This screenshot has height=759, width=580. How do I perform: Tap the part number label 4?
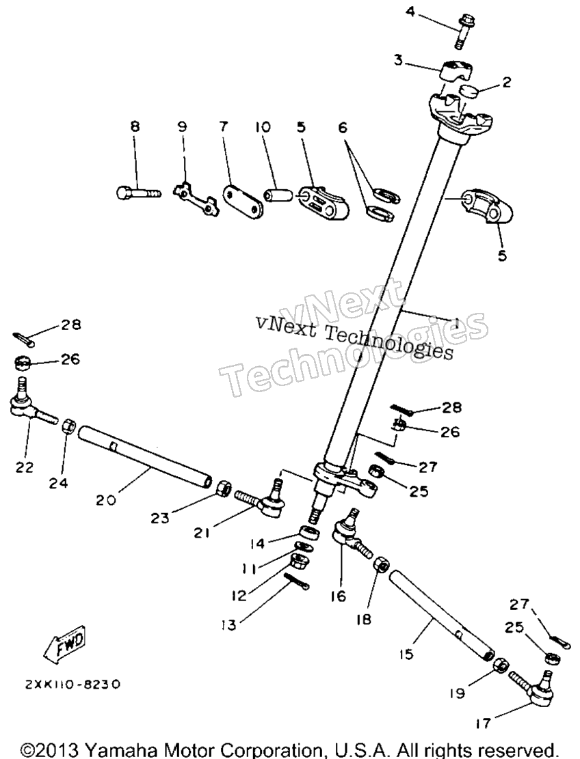[x=410, y=11]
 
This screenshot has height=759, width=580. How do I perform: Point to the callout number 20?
[x=105, y=499]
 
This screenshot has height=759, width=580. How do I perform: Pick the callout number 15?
[x=406, y=654]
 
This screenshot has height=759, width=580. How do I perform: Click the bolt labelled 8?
[x=137, y=193]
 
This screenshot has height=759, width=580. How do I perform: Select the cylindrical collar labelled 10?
[x=278, y=196]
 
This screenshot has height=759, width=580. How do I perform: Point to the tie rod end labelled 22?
[x=32, y=402]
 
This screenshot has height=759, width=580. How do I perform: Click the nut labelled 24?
[x=68, y=426]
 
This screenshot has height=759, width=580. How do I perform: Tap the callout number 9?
[x=182, y=127]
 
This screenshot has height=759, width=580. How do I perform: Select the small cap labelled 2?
[x=468, y=90]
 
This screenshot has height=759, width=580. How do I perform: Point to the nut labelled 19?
[x=500, y=665]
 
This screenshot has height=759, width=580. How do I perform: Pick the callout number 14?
[x=259, y=544]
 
